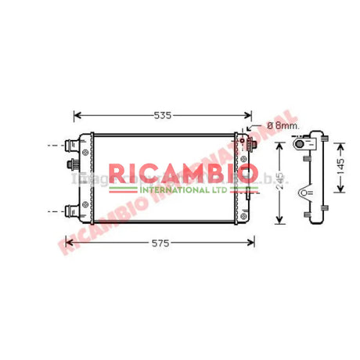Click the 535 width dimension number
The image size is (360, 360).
[163, 116]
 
